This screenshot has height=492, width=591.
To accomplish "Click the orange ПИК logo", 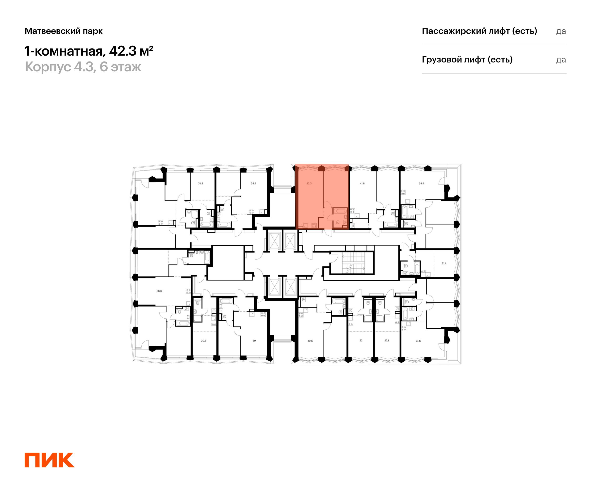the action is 49,460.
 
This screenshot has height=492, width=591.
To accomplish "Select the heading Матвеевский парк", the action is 64,31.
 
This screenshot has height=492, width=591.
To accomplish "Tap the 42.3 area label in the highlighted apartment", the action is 309,183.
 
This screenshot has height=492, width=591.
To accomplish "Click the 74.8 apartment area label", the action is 200,183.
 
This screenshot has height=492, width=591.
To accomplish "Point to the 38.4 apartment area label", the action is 253,183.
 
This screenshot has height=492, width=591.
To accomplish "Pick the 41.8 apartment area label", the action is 362,183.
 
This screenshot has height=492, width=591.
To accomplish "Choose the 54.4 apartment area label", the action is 421,183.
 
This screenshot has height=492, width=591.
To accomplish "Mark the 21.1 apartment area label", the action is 444,263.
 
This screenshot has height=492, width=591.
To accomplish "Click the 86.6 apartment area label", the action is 159,291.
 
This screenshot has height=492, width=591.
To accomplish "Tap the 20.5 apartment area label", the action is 203,340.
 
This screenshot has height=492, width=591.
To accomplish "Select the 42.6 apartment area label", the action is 310,341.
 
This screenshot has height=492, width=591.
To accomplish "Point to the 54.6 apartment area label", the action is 418,341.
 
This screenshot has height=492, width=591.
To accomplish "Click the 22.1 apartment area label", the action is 387,340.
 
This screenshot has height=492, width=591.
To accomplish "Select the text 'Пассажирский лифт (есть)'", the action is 479,31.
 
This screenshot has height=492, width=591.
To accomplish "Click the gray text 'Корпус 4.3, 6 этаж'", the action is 83,67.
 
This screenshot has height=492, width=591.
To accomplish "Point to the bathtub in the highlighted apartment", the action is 341,211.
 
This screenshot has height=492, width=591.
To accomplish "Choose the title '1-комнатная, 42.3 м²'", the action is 89,51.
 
